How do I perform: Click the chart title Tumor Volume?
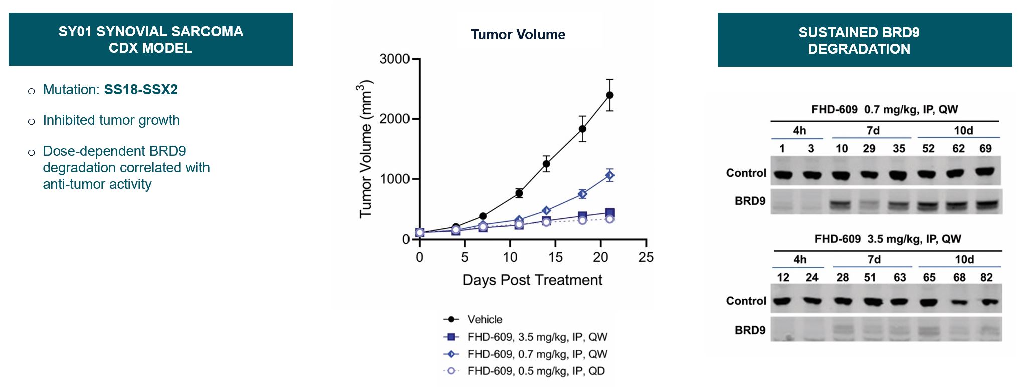[518, 35]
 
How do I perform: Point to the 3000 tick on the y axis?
[395, 59]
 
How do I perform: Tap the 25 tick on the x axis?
[646, 258]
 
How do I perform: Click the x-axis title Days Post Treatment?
[532, 280]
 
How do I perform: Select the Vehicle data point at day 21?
[609, 95]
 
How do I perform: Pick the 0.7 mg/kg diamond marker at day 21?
[609, 175]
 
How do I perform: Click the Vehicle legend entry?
[484, 320]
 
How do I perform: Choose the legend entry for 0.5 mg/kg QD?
[536, 371]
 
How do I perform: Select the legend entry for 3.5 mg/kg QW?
[537, 337]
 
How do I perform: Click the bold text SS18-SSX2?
[141, 90]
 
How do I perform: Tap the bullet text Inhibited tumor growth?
[111, 120]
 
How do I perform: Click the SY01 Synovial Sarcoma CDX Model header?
[150, 40]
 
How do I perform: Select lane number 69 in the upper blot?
[985, 149]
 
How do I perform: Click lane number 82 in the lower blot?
[986, 278]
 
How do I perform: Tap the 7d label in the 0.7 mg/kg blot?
[873, 131]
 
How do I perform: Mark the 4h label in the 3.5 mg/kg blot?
[800, 260]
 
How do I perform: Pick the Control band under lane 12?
[782, 302]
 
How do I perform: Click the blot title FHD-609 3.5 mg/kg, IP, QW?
[888, 239]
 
